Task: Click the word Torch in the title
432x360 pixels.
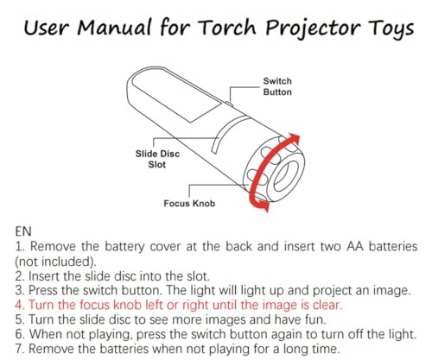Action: pos(228,28)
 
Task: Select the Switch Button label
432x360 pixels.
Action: pos(277,86)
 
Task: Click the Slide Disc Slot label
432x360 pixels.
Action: pos(157,159)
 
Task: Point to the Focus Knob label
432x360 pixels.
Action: pos(189,204)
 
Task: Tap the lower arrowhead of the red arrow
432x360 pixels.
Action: pos(263,205)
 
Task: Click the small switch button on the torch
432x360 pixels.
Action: pos(229,104)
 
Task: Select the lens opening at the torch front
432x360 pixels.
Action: pos(286,176)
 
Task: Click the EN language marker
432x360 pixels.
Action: pos(23,231)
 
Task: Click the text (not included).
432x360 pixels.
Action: pos(55,262)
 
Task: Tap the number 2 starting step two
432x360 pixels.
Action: pos(20,276)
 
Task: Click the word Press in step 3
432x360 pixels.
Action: pos(43,290)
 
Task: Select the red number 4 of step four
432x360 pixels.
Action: pos(19,305)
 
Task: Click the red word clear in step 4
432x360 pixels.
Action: pos(327,305)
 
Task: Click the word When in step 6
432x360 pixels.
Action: pos(46,334)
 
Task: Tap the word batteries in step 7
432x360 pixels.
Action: pos(124,349)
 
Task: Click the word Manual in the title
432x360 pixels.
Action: pos(114,28)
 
